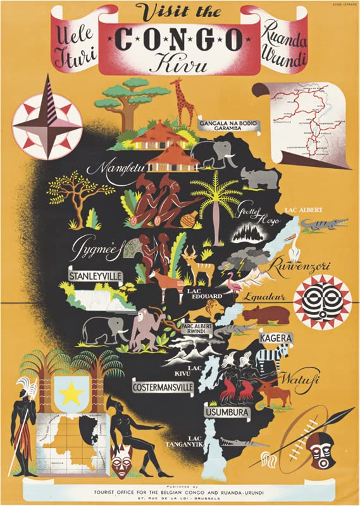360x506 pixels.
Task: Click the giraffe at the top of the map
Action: pyautogui.click(x=184, y=101)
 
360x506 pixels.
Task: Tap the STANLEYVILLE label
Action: pyautogui.click(x=96, y=276)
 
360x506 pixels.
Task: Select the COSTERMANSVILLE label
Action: pyautogui.click(x=162, y=386)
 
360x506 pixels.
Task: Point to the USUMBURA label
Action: pyautogui.click(x=227, y=413)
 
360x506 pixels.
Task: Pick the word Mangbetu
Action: pyautogui.click(x=112, y=168)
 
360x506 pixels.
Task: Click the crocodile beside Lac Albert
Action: pyautogui.click(x=323, y=224)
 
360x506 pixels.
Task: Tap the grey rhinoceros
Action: pyautogui.click(x=256, y=178)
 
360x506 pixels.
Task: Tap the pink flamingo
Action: pyautogui.click(x=235, y=288)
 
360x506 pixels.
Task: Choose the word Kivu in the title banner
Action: pyautogui.click(x=180, y=63)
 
